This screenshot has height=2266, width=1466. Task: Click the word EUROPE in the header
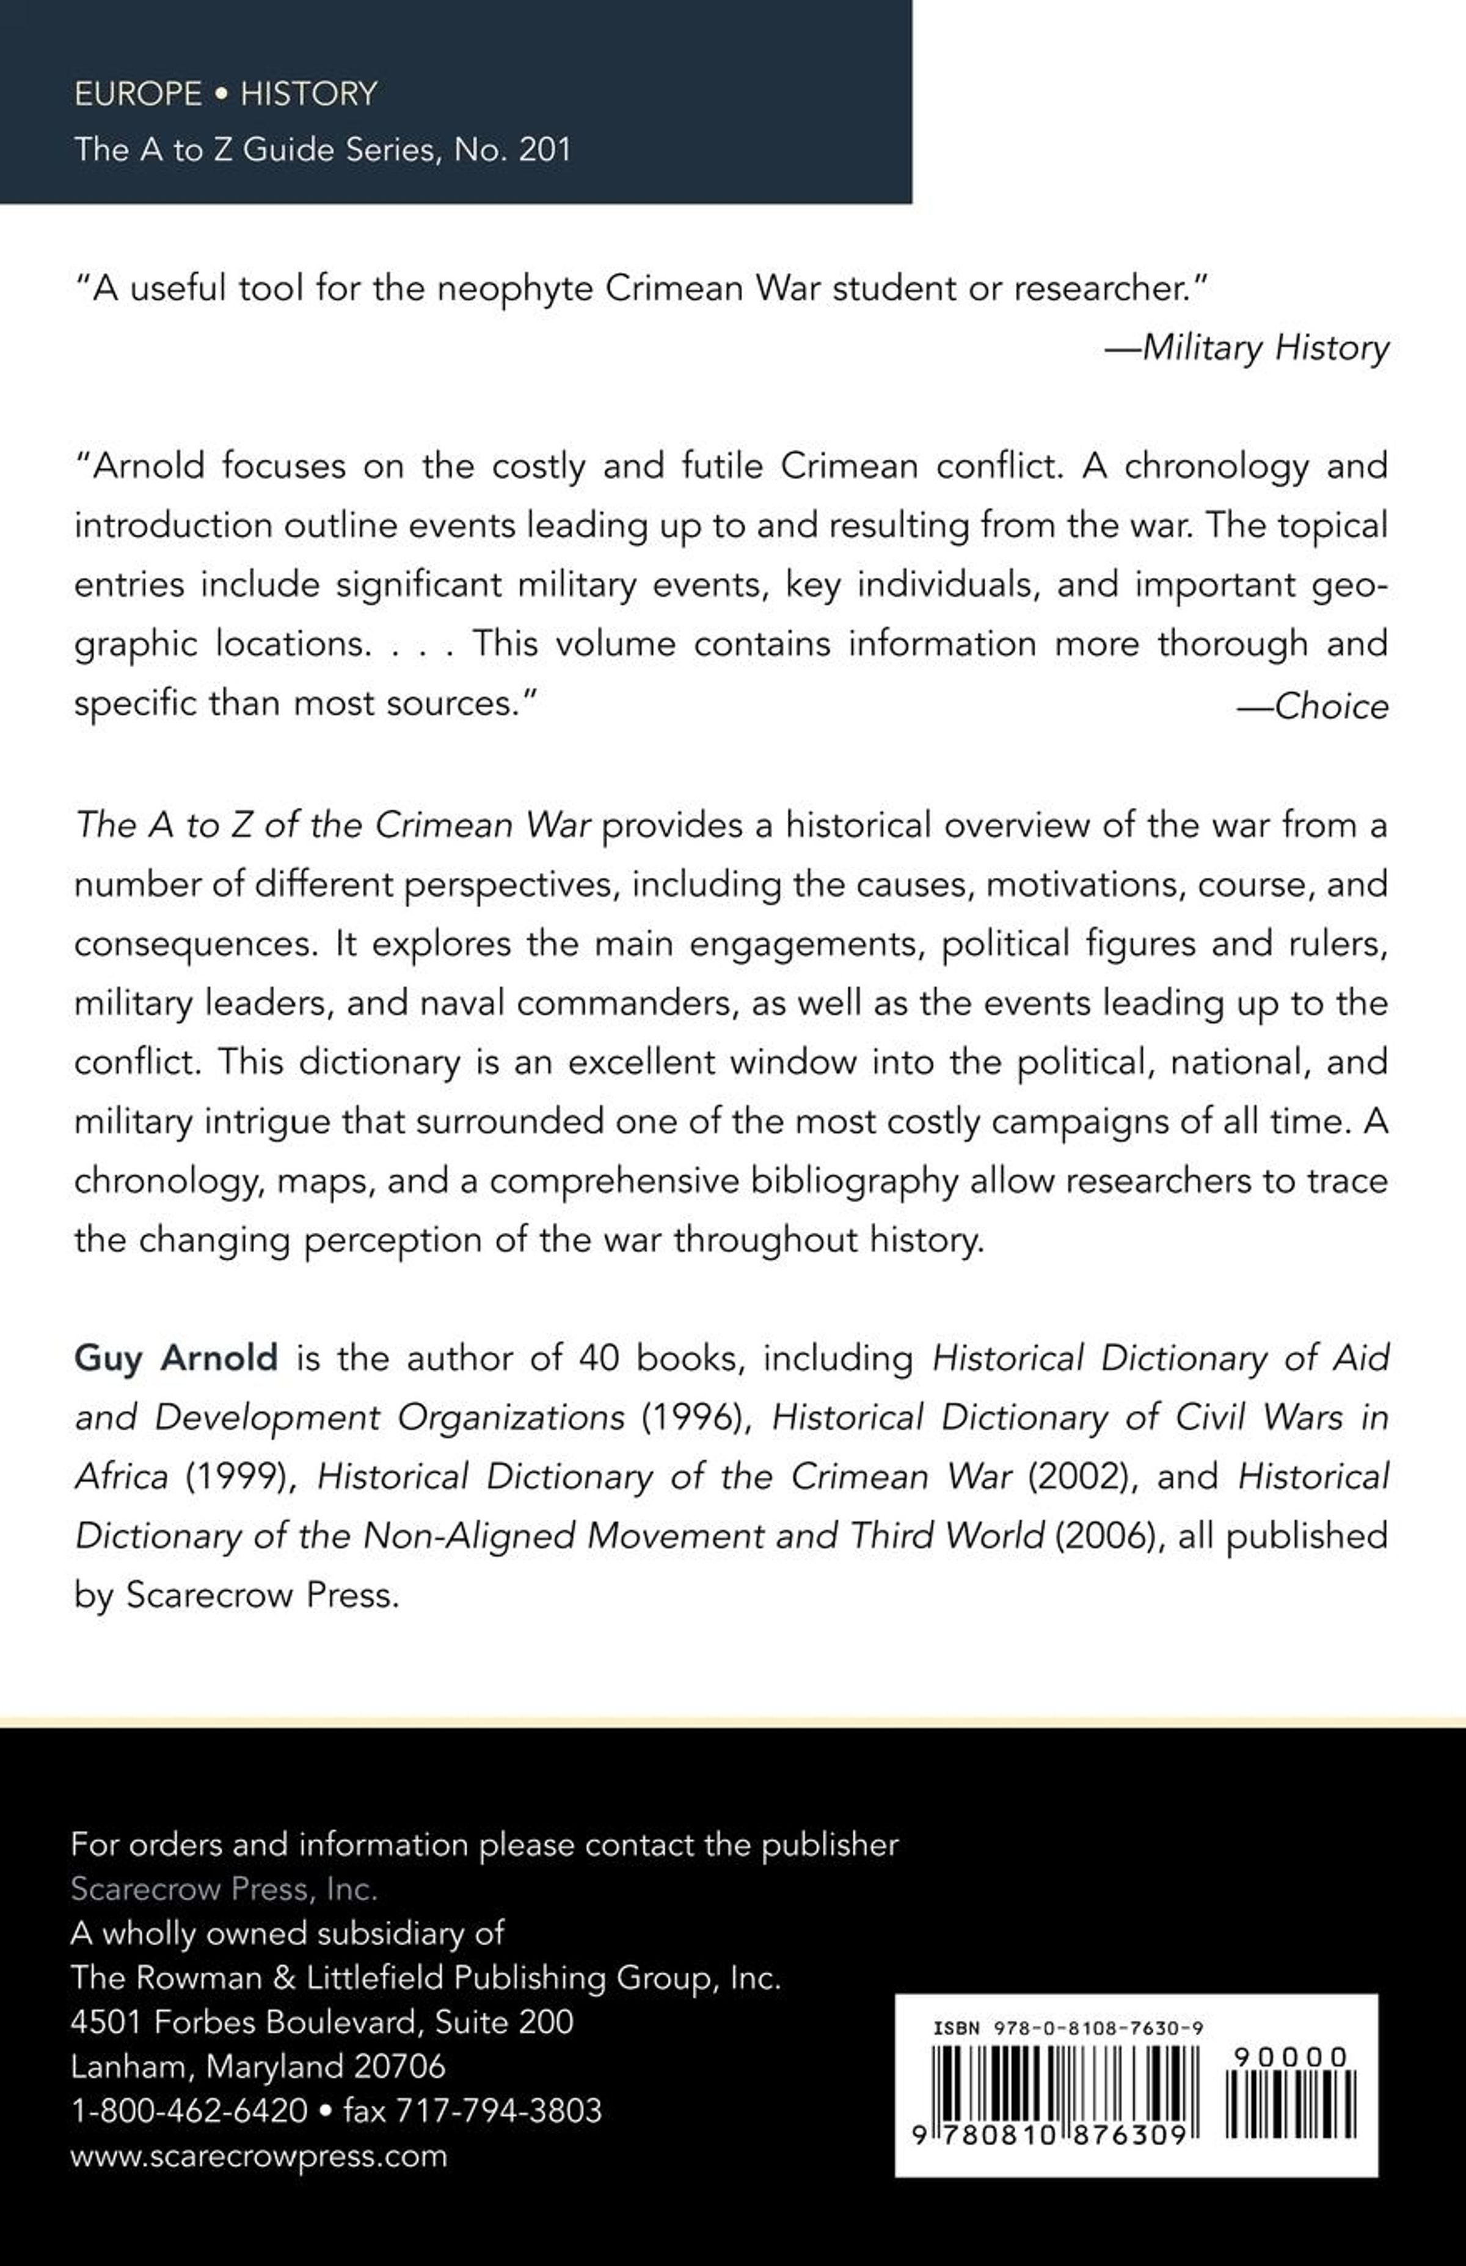(x=138, y=93)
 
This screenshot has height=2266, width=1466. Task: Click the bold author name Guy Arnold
(x=176, y=1357)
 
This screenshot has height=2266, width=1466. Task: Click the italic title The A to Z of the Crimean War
(x=333, y=825)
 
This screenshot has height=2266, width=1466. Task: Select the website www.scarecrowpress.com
(x=259, y=2155)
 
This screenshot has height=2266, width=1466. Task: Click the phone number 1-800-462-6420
(x=189, y=2111)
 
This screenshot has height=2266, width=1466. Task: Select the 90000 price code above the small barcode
(x=1290, y=2058)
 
